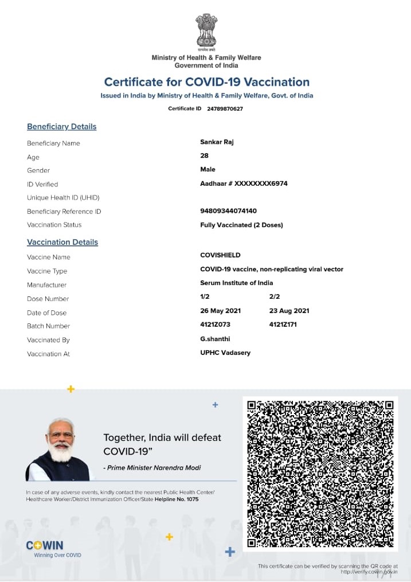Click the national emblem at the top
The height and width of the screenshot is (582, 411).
pyautogui.click(x=206, y=31)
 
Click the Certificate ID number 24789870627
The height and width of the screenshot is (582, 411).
pyautogui.click(x=225, y=109)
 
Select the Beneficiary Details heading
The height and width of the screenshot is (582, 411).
pyautogui.click(x=61, y=127)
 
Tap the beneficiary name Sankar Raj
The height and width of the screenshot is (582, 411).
pyautogui.click(x=217, y=142)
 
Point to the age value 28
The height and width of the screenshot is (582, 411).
pyautogui.click(x=204, y=156)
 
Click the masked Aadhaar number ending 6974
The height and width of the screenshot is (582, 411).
pyautogui.click(x=244, y=183)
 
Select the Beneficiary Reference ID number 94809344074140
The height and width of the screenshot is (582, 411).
pyautogui.click(x=228, y=211)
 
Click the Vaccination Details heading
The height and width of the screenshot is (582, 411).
pyautogui.click(x=62, y=243)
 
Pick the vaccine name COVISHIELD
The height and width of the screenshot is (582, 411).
pyautogui.click(x=220, y=255)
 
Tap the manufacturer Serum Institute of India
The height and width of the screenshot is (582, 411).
pyautogui.click(x=236, y=283)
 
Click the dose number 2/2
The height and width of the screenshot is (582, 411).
pyautogui.click(x=275, y=296)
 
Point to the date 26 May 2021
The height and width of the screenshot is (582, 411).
pyautogui.click(x=220, y=311)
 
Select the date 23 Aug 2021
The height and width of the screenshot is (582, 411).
pyautogui.click(x=289, y=311)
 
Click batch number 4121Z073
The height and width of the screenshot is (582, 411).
pyautogui.click(x=215, y=325)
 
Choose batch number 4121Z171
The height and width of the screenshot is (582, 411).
pyautogui.click(x=283, y=325)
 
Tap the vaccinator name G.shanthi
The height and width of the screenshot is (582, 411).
pyautogui.click(x=215, y=339)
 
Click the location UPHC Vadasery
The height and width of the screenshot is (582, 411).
pyautogui.click(x=225, y=353)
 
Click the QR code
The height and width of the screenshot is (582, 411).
pyautogui.click(x=320, y=473)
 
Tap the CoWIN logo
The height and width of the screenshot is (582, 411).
pyautogui.click(x=45, y=545)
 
